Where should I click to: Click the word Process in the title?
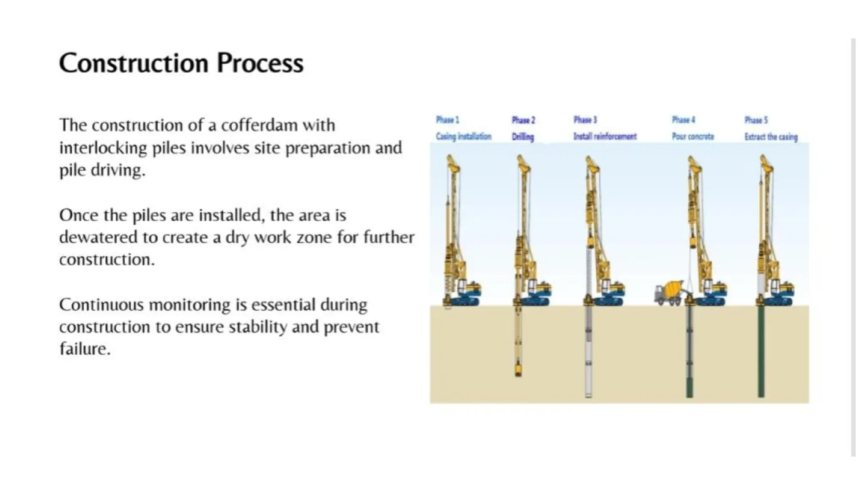point(260,63)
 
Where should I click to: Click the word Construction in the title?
point(134,63)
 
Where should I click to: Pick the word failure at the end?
point(84,349)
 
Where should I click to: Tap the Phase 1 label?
point(447,120)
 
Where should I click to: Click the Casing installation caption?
point(463,136)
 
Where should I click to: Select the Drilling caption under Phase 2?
point(523,137)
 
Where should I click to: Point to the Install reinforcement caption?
point(605,136)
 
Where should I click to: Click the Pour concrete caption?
point(693,136)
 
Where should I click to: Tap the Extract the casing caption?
point(771,137)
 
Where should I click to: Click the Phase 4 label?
point(683,120)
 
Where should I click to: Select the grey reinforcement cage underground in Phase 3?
point(588,351)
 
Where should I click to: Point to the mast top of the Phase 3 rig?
point(591,162)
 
